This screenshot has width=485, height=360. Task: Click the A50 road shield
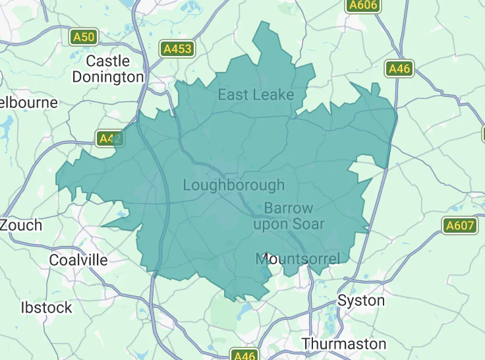84,37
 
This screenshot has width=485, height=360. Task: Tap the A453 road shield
177,48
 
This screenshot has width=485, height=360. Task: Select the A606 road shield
363,5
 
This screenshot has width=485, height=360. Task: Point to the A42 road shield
109,138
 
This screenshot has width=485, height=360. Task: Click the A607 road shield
459,225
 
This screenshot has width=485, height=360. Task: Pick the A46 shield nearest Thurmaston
244,355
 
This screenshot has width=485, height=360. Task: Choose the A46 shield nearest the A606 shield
399,68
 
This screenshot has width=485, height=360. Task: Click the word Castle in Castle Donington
108,61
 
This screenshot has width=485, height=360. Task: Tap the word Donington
108,76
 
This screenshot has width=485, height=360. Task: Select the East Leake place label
256,95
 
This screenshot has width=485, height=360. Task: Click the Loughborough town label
233,185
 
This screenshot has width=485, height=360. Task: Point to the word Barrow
289,208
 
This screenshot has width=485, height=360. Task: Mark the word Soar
308,224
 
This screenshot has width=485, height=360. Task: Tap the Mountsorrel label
298,258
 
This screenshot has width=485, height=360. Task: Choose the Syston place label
361,301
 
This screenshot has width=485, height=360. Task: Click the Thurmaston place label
344,344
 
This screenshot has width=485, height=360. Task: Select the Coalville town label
78,260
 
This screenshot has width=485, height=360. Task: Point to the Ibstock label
46,307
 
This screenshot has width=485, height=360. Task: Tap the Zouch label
21,225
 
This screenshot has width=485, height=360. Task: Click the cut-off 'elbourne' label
29,103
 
